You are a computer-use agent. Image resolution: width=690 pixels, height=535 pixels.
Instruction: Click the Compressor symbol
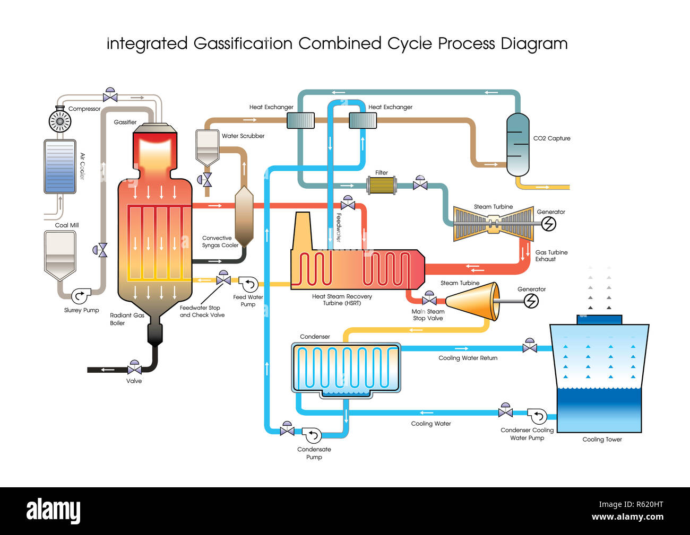[60, 121]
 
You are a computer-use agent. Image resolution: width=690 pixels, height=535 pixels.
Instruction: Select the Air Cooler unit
[60, 166]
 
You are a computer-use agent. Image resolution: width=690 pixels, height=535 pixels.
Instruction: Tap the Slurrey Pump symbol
[81, 295]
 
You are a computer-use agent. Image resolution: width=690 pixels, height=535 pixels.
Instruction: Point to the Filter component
[382, 185]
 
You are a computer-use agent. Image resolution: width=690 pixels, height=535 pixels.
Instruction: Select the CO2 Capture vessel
[517, 144]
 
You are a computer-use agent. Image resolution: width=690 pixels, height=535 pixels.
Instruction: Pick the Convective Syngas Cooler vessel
[244, 216]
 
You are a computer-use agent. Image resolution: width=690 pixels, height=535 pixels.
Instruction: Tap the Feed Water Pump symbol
[248, 284]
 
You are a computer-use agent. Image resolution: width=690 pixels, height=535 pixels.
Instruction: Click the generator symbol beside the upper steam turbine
[548, 224]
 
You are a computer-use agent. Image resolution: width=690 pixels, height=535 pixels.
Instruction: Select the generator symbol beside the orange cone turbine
[531, 301]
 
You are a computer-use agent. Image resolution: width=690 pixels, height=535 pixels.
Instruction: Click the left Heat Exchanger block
[300, 120]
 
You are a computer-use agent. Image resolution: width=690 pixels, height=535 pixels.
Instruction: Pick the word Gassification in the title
[243, 43]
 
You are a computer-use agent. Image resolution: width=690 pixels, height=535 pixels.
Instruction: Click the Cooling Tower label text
[602, 440]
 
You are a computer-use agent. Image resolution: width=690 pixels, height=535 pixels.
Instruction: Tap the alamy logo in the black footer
[54, 511]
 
